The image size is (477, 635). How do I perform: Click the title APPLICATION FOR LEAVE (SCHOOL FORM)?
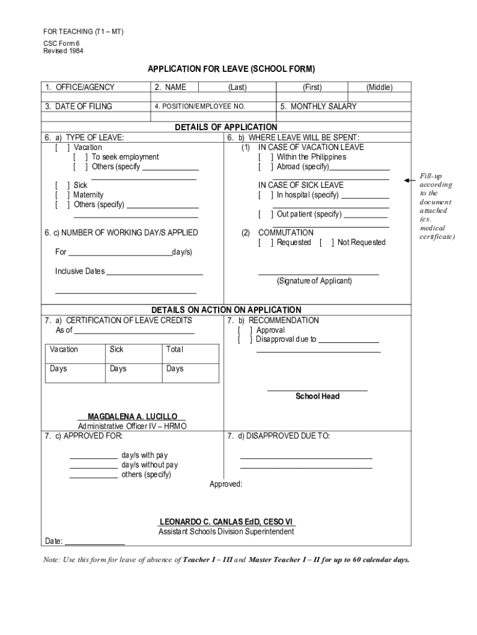pyautogui.click(x=231, y=69)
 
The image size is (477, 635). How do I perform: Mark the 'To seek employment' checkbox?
pyautogui.click(x=81, y=157)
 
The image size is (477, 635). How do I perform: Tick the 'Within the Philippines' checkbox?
pyautogui.click(x=265, y=157)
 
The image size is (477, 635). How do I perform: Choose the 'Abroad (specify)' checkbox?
pyautogui.click(x=265, y=167)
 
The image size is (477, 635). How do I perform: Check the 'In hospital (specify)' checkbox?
pyautogui.click(x=265, y=195)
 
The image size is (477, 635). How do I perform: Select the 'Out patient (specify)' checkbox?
pyautogui.click(x=265, y=214)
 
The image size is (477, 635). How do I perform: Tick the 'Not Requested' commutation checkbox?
pyautogui.click(x=326, y=242)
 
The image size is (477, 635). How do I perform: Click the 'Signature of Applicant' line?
pyautogui.click(x=318, y=273)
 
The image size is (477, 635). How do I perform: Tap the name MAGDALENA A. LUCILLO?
pyautogui.click(x=132, y=416)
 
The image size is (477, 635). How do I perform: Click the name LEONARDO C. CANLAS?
pyautogui.click(x=226, y=522)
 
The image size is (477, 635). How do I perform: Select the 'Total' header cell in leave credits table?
pyautogui.click(x=175, y=350)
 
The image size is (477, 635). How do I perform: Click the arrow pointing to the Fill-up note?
pyautogui.click(x=409, y=180)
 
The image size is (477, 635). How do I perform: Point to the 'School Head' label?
pyautogui.click(x=317, y=396)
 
